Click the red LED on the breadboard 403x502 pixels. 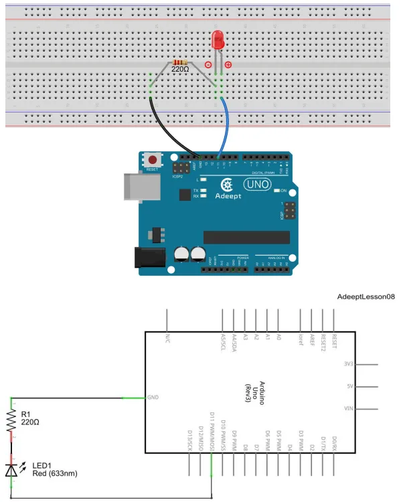pyautogui.click(x=218, y=40)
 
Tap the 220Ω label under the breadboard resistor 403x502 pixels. pyautogui.click(x=181, y=68)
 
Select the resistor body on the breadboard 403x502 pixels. pyautogui.click(x=180, y=60)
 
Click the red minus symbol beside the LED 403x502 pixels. pyautogui.click(x=208, y=65)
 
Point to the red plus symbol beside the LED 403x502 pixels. pyautogui.click(x=228, y=65)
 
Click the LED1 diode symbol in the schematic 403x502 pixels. pyautogui.click(x=11, y=469)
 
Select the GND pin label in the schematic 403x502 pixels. pyautogui.click(x=153, y=398)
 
